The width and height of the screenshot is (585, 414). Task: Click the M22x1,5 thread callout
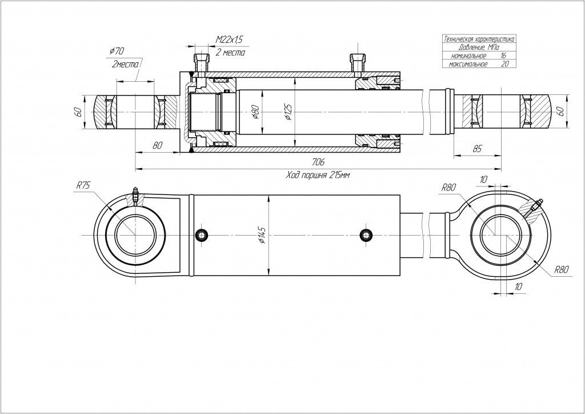[229, 39]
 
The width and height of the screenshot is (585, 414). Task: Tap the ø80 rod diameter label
[255, 112]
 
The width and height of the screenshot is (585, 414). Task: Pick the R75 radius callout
[83, 185]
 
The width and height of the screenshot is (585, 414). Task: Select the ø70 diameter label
[117, 51]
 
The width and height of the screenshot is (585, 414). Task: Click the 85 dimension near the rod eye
[478, 149]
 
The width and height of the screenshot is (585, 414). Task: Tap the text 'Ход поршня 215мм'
[317, 176]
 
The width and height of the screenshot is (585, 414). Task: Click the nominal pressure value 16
[503, 56]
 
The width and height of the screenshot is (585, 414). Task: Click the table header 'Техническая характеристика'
[479, 39]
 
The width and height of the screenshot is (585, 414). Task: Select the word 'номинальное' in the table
[469, 56]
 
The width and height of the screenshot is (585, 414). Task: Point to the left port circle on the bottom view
[201, 236]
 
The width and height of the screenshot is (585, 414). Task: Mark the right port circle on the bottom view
[366, 236]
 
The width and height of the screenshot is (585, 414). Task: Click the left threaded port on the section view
[199, 61]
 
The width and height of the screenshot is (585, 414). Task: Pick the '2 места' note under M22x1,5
[230, 53]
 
